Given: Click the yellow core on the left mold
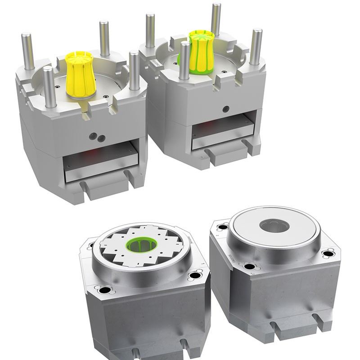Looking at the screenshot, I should [x=80, y=74].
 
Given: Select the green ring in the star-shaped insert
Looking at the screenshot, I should [x=141, y=245].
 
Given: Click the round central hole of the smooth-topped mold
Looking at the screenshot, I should [x=274, y=225].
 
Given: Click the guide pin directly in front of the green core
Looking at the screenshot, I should [x=184, y=61].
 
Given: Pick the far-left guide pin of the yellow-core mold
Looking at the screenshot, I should [x=28, y=52].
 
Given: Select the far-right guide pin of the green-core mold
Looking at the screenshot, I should [x=256, y=47].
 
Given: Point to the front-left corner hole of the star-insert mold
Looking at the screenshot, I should [x=104, y=290].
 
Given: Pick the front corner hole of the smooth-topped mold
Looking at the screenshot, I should [x=249, y=266].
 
